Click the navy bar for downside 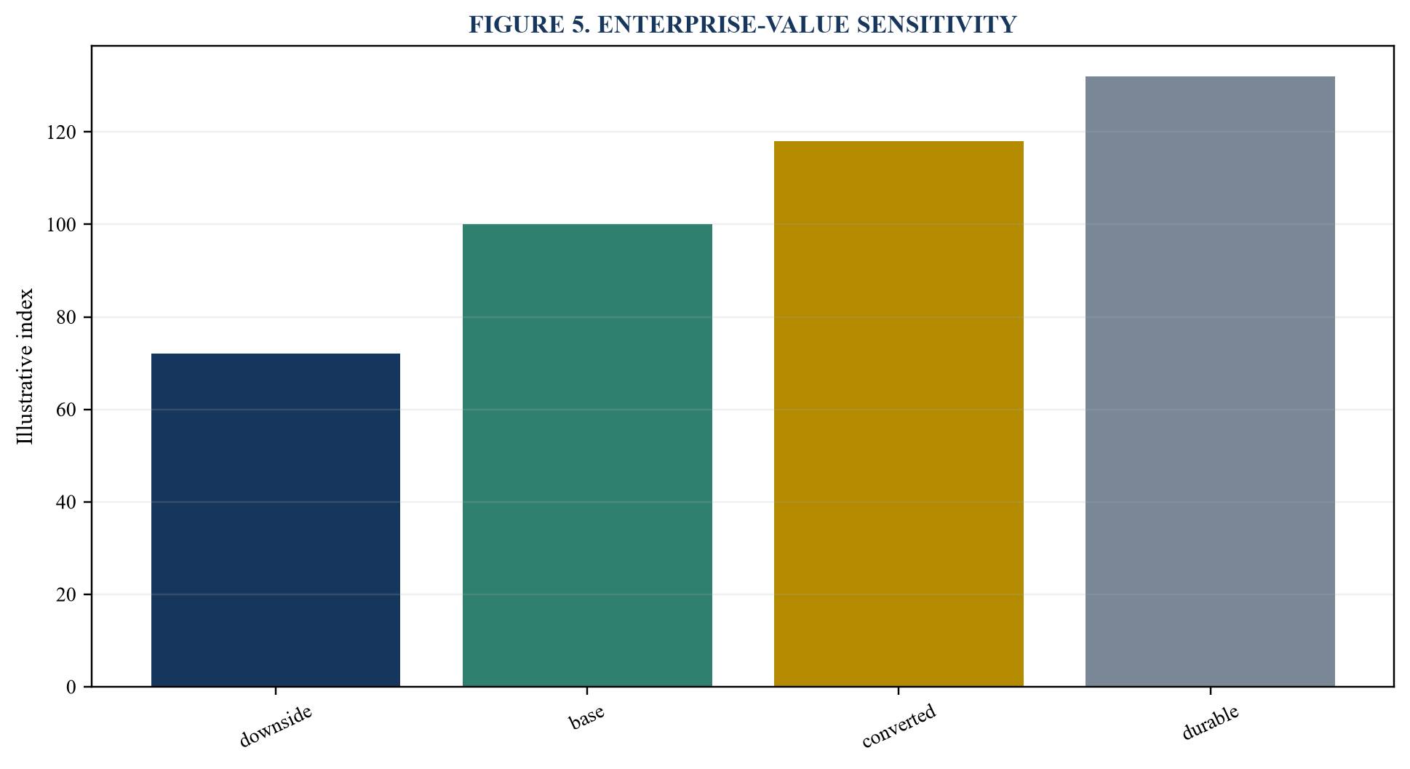[276, 520]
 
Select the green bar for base [587, 455]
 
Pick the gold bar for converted [899, 414]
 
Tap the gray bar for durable [1210, 381]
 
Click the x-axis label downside [276, 726]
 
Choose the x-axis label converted [899, 726]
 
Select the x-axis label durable [1210, 722]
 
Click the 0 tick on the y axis [71, 687]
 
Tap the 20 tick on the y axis [65, 594]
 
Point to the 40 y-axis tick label [65, 502]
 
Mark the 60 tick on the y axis [65, 410]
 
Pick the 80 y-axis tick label [65, 317]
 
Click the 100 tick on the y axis [60, 224]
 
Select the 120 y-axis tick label [60, 132]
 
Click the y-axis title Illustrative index [25, 366]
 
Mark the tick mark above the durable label [1210, 690]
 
